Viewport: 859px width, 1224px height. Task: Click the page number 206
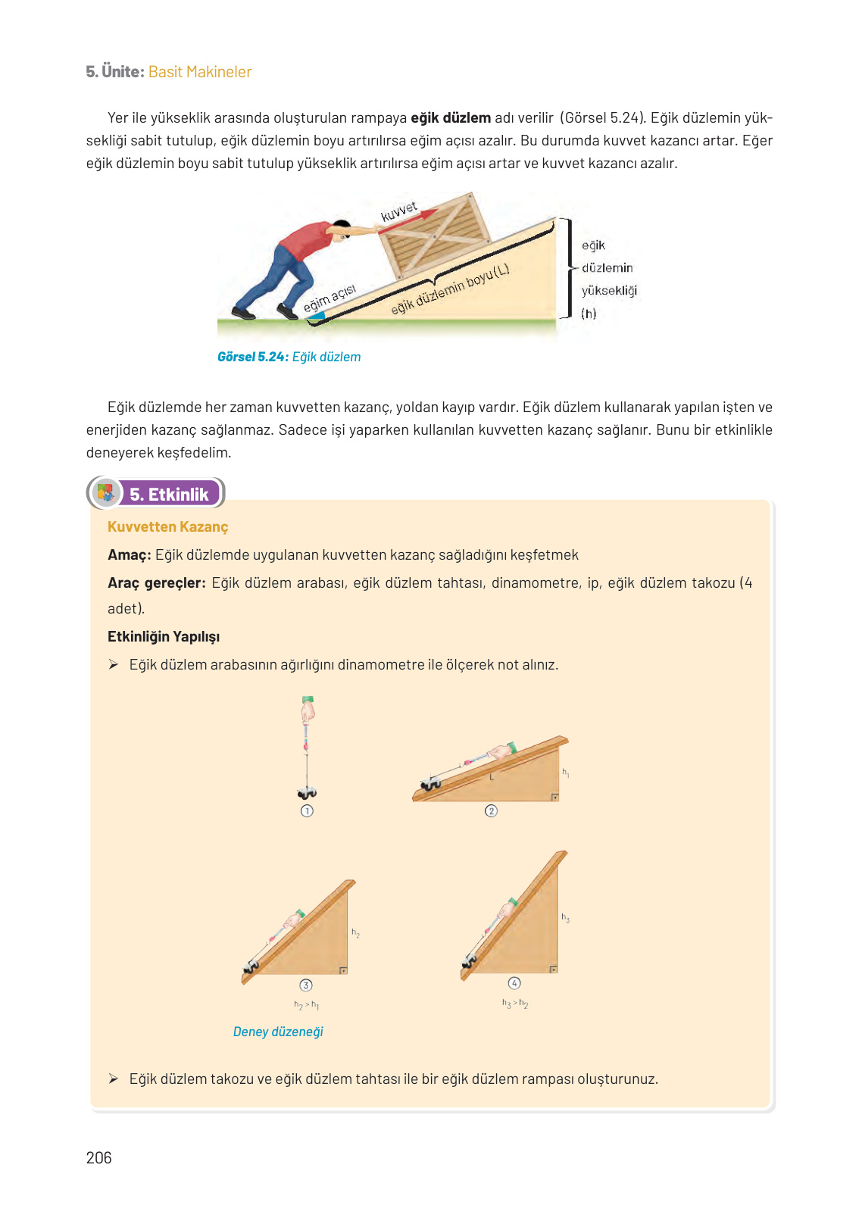coord(98,1157)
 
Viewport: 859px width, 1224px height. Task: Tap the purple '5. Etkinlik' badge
coord(169,494)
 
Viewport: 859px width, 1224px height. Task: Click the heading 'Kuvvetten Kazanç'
coord(167,526)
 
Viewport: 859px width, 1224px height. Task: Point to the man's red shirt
coord(305,242)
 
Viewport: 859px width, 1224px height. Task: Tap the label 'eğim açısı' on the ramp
coord(330,298)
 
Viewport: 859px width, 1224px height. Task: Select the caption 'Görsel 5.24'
coord(252,357)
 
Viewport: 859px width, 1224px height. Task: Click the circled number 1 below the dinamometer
coord(307,810)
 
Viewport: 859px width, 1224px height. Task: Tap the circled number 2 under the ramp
coord(491,811)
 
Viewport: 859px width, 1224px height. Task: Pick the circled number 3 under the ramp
coord(306,985)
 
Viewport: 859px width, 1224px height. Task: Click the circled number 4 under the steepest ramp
coord(514,983)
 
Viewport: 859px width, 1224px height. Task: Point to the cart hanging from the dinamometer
coord(307,793)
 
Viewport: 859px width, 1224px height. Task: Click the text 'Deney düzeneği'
coord(278,1032)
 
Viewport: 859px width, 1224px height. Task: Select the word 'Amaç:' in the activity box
coord(129,554)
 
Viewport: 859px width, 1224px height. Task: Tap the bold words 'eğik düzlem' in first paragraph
coord(450,117)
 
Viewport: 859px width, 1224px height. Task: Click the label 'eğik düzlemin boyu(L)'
coord(450,289)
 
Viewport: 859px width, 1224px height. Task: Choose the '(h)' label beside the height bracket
coord(589,314)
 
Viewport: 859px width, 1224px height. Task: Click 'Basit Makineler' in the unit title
coord(200,72)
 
